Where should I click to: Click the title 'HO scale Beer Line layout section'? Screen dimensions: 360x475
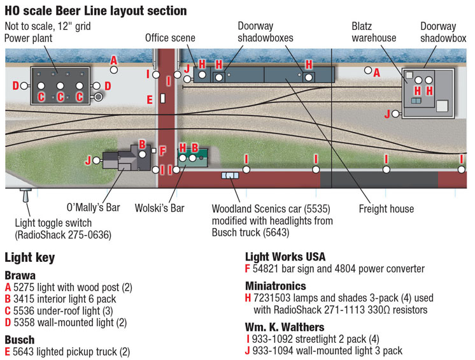96,11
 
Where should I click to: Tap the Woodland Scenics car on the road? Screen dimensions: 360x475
230,175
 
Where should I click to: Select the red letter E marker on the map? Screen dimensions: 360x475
150,99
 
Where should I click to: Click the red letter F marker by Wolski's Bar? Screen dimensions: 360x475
162,152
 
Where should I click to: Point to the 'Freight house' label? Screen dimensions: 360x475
386,208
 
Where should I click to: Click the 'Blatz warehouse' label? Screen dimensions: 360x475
374,32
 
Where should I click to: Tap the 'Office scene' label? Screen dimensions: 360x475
170,38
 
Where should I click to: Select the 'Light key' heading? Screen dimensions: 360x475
29,258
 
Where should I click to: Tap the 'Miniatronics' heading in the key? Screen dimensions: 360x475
276,286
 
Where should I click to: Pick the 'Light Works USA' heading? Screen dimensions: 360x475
285,257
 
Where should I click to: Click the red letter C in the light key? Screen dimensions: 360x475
8,310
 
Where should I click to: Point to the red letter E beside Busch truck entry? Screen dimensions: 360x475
8,352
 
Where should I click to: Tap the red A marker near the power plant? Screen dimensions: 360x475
113,61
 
